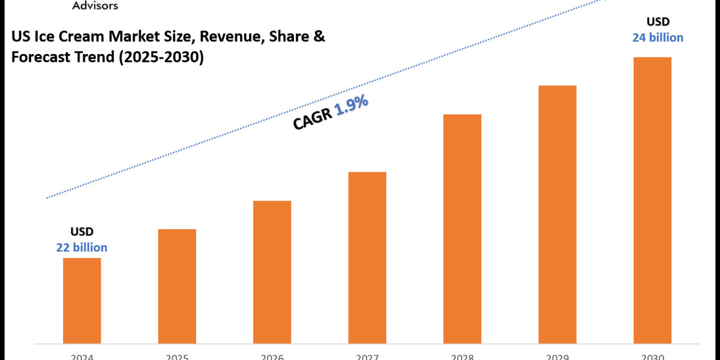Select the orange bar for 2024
[82, 300]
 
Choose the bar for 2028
[463, 228]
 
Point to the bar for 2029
[557, 214]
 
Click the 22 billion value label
[82, 247]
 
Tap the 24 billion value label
[658, 38]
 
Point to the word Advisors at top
[95, 6]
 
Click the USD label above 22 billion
[82, 232]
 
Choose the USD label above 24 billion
[658, 22]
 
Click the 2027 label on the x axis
[367, 357]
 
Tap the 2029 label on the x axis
[557, 357]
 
